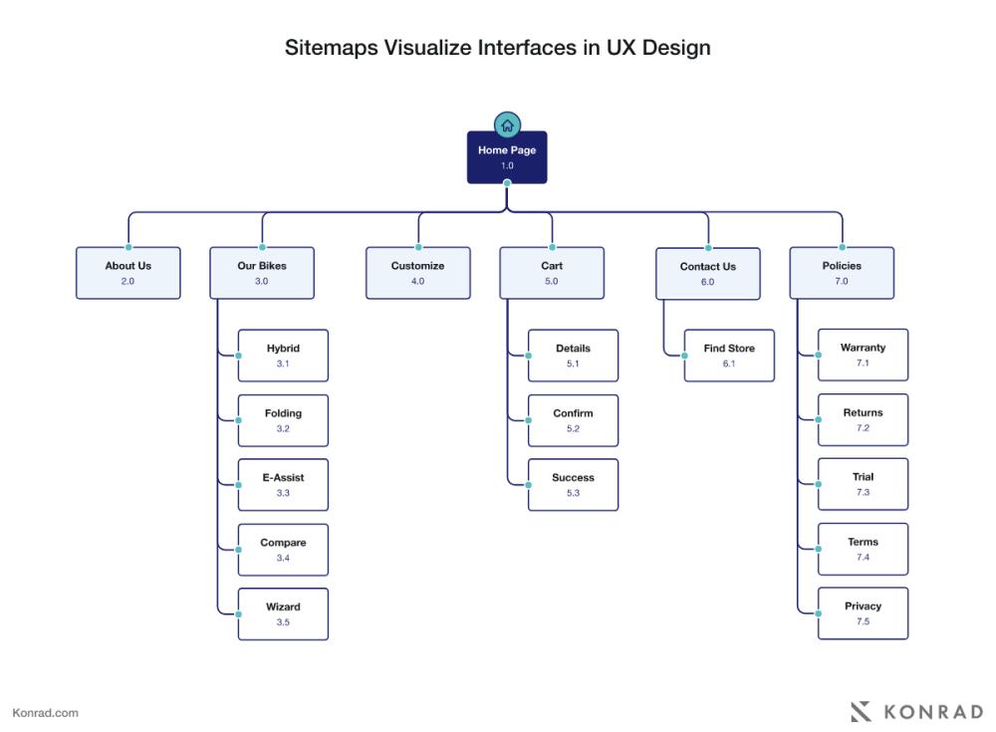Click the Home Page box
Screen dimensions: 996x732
(507, 157)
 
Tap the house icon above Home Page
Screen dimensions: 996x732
(507, 125)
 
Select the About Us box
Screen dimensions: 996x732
(128, 273)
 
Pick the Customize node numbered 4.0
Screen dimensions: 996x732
(418, 273)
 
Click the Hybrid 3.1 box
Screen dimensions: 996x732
(283, 356)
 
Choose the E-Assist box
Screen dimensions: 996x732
(283, 485)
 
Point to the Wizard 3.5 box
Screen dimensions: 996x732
(283, 613)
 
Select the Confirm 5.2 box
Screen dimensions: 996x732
(573, 420)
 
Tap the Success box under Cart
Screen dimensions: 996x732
(573, 485)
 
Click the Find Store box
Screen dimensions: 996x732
(729, 356)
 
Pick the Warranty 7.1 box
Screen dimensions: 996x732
(864, 355)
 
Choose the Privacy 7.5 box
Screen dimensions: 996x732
(864, 613)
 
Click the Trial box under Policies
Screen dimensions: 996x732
(864, 484)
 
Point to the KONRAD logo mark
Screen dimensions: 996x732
(862, 712)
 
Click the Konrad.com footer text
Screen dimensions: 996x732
(46, 713)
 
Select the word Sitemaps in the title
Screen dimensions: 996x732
(331, 48)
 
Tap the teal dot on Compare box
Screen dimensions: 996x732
(239, 550)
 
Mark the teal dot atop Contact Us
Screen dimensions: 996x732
(708, 248)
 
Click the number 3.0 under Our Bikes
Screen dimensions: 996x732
(262, 281)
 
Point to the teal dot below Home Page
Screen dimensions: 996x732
(507, 183)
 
